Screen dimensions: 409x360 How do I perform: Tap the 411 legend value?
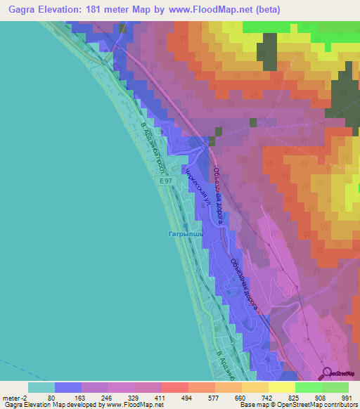[161, 397]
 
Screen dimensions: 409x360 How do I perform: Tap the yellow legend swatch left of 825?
[281, 387]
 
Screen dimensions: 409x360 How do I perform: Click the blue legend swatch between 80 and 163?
[67, 387]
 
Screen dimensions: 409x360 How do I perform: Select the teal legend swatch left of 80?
[41, 387]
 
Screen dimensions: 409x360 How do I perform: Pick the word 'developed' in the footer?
[84, 405]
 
